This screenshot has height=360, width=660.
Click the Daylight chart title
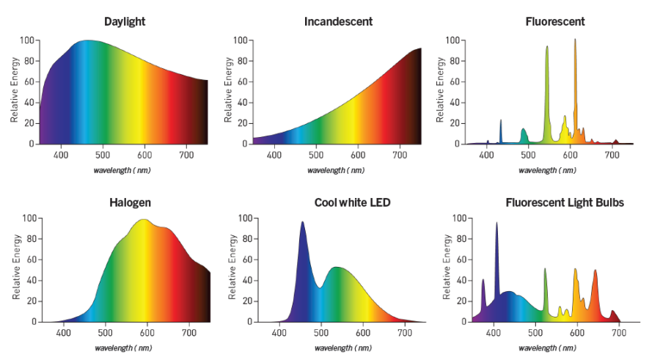(x=125, y=21)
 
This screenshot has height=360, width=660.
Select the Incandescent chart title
(x=338, y=21)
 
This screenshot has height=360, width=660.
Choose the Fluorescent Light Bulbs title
(x=565, y=202)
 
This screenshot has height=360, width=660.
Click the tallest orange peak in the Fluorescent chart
(x=575, y=41)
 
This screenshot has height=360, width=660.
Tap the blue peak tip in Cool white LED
(x=302, y=223)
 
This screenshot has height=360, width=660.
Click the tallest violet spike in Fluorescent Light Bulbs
(x=496, y=224)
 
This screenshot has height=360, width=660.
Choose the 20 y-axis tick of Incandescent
(x=243, y=123)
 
